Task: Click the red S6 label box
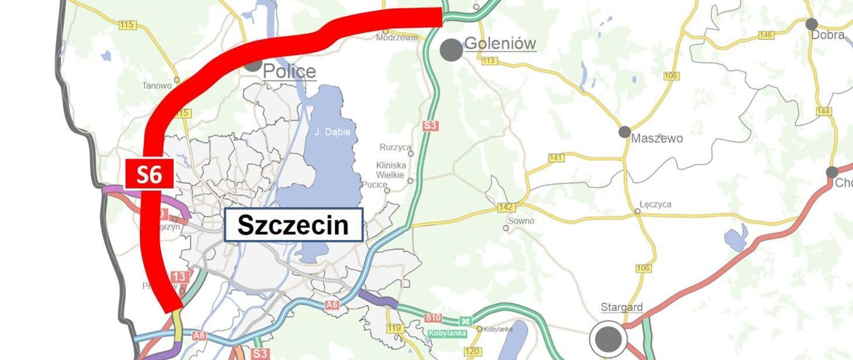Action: (149, 174)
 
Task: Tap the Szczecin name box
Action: (293, 224)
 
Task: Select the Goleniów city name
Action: (500, 44)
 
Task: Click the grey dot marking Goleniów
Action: (452, 50)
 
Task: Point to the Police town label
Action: (289, 72)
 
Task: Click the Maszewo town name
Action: (657, 139)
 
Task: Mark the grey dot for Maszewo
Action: (625, 132)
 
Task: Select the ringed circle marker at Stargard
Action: (608, 338)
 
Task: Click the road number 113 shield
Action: (489, 61)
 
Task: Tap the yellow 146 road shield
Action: (765, 35)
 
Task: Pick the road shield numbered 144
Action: (824, 111)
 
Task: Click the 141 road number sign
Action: (556, 158)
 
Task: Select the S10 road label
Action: (433, 318)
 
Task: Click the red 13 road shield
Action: (179, 276)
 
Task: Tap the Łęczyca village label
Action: (655, 205)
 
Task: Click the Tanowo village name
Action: (157, 86)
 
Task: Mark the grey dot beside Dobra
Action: (812, 24)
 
